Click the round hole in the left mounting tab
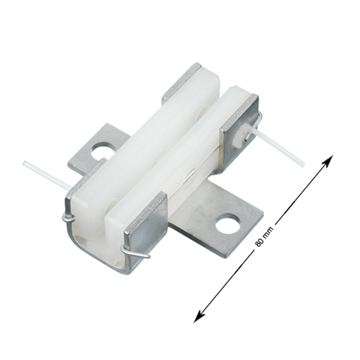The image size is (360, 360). click(x=102, y=151)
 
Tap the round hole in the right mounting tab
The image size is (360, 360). click(x=228, y=224)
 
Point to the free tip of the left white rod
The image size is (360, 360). click(x=24, y=163)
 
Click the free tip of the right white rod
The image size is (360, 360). click(x=304, y=165)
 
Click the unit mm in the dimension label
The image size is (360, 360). click(x=268, y=231)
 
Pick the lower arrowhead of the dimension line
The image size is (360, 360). click(x=199, y=316)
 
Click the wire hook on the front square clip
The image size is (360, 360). click(x=135, y=252)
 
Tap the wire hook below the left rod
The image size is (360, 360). click(x=68, y=217)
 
